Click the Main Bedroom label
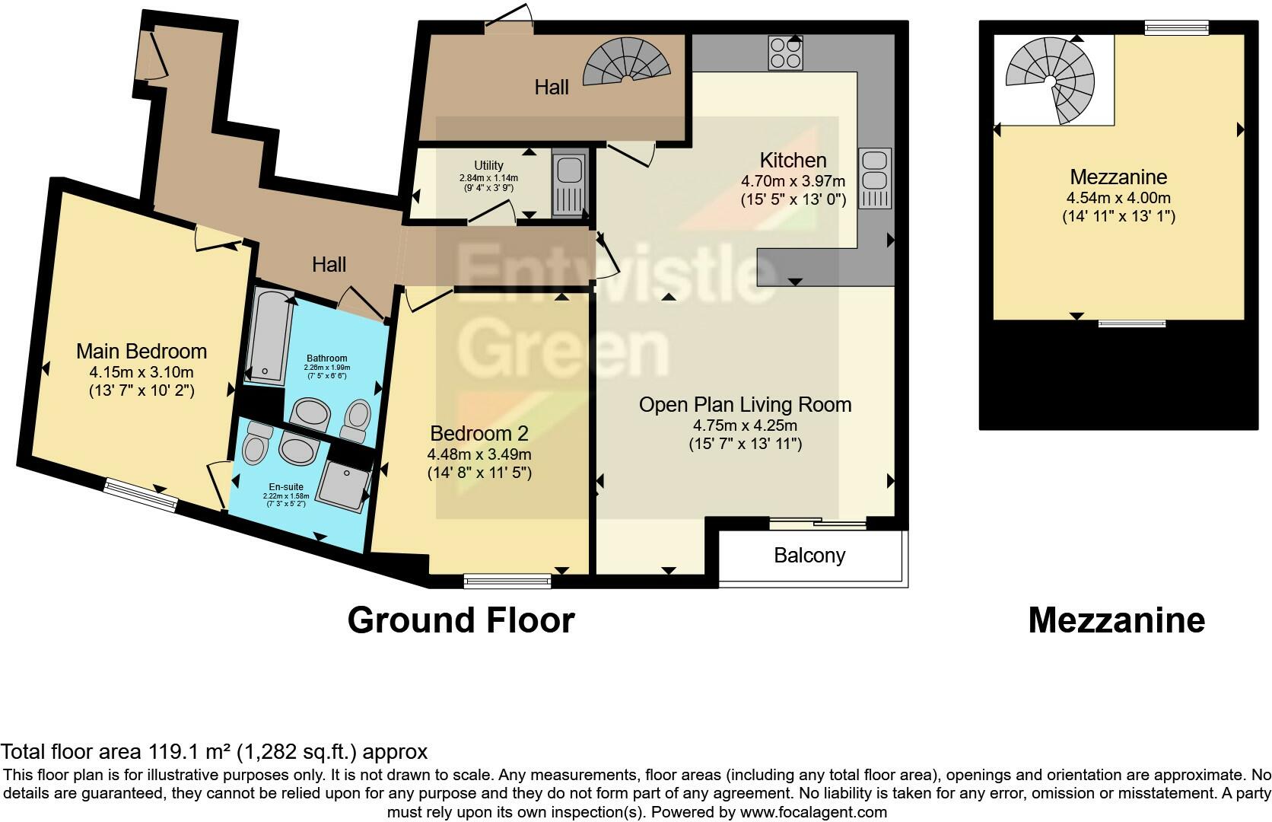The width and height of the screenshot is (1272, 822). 142,352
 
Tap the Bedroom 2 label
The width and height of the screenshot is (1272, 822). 479,434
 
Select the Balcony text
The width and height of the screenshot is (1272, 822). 809,556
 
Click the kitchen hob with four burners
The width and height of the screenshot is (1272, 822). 786,53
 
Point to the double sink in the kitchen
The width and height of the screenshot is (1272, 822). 875,179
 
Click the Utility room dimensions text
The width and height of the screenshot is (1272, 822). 488,182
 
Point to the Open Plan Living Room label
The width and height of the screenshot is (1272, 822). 745,405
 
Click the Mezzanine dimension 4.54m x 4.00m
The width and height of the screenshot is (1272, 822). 1118,198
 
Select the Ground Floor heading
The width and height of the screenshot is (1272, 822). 460,620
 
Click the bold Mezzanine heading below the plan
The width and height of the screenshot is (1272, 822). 1116,620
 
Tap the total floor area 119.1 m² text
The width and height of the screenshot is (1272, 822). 214,752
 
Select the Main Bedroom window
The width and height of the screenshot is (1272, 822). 141,493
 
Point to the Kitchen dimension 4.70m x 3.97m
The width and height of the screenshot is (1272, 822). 793,181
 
